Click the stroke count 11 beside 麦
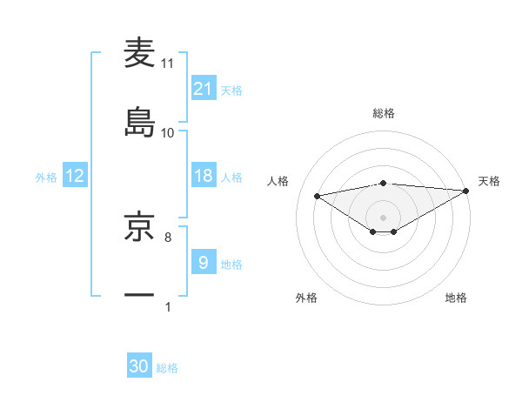click(x=168, y=64)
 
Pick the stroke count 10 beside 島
click(x=168, y=132)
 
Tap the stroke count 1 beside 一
click(x=167, y=306)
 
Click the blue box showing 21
click(x=204, y=89)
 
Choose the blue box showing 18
click(x=204, y=176)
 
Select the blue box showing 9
click(x=204, y=262)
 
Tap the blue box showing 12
click(x=75, y=176)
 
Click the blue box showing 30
click(x=139, y=366)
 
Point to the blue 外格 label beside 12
click(x=46, y=177)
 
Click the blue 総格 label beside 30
click(x=167, y=368)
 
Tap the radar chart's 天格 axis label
click(x=489, y=181)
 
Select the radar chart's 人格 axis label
click(x=280, y=181)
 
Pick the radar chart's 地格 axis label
click(x=456, y=298)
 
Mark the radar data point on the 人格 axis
click(x=318, y=195)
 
